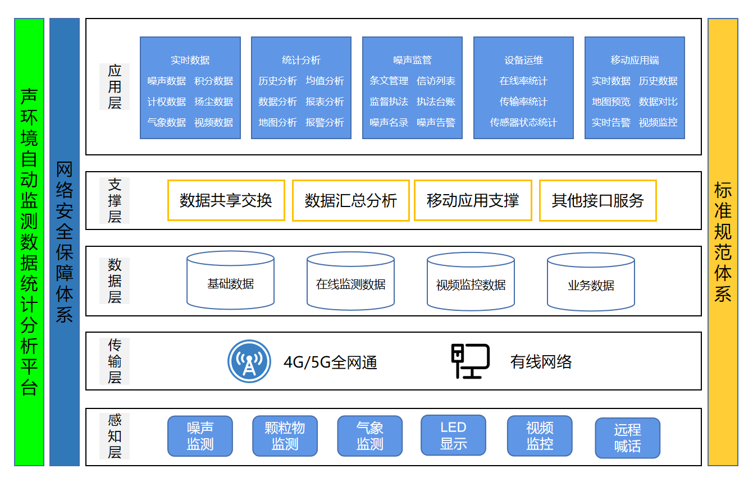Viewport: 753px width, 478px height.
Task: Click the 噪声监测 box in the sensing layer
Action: point(200,436)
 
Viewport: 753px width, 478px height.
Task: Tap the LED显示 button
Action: point(453,435)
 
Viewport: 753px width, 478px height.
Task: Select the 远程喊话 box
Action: point(627,438)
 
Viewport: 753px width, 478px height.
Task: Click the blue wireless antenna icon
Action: point(249,361)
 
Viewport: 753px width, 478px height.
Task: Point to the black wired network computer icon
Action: point(470,361)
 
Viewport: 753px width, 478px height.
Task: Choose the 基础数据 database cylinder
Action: point(230,280)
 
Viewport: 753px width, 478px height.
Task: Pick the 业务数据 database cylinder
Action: point(591,282)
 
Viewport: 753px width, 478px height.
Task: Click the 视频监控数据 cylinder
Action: point(471,281)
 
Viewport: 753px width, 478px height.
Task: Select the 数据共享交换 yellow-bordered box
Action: point(226,200)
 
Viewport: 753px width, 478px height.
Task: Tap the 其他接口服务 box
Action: point(597,200)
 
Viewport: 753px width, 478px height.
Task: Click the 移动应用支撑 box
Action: point(473,200)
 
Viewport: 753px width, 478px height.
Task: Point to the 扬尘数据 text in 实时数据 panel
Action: point(213,102)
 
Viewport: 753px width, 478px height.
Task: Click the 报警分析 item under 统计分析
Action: point(325,122)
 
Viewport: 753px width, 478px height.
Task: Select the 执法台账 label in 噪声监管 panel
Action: point(436,102)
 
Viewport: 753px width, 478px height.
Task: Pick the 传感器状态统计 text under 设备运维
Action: point(523,122)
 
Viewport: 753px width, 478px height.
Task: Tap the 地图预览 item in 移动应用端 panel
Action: point(611,102)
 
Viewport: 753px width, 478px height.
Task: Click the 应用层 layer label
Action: point(115,86)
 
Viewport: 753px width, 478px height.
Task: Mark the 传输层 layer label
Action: point(115,361)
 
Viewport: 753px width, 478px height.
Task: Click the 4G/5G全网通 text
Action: point(330,362)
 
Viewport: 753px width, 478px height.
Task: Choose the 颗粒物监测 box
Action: point(285,436)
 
